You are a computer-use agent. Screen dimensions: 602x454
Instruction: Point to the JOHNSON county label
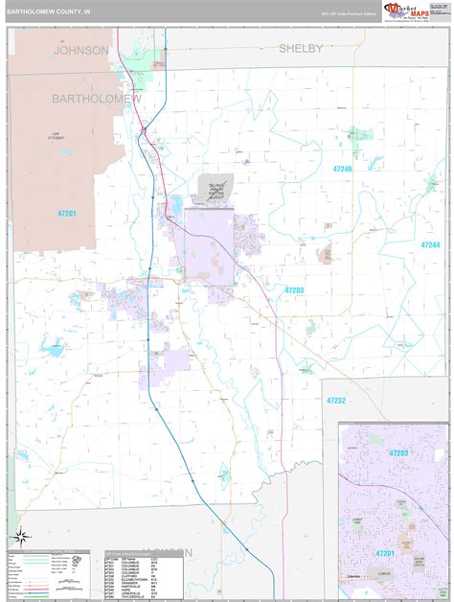coord(80,50)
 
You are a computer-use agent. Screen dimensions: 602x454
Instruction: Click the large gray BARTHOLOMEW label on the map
coord(96,99)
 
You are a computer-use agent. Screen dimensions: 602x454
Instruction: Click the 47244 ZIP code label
coord(429,245)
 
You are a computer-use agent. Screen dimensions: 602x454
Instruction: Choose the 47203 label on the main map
coord(294,289)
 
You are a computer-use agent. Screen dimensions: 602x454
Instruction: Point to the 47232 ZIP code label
coord(335,401)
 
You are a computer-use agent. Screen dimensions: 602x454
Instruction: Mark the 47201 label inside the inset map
coord(386,553)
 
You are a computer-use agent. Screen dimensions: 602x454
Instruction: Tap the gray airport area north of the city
coord(215,188)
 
